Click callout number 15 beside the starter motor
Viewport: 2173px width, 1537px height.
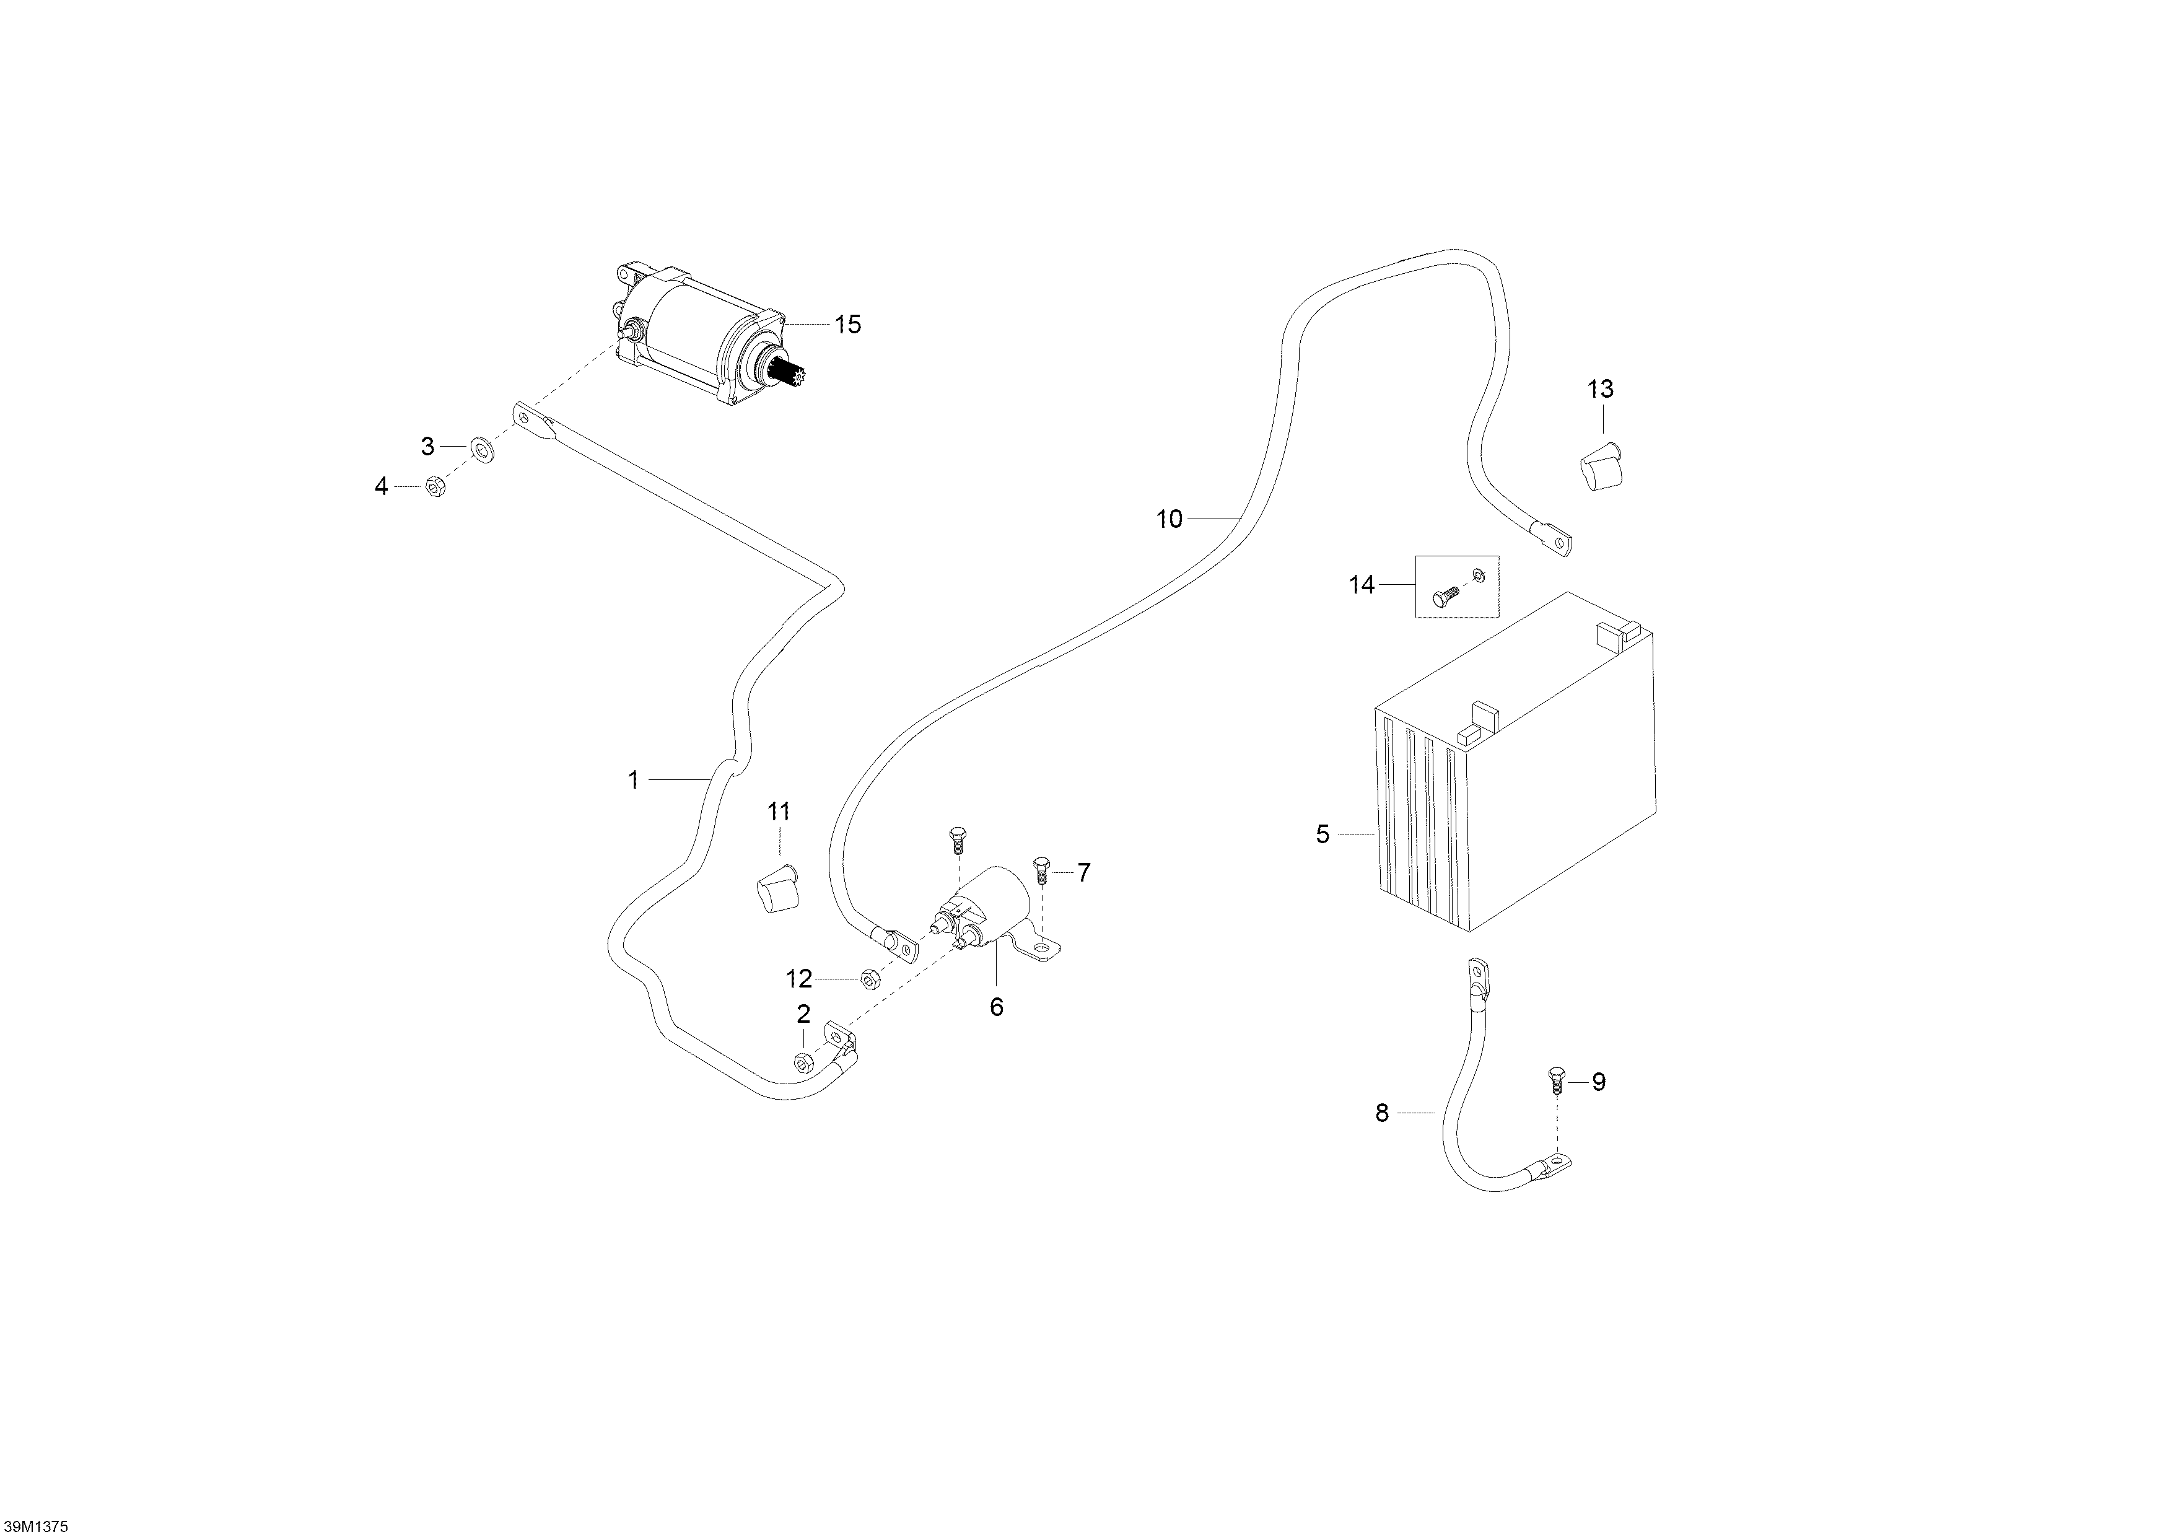[848, 325]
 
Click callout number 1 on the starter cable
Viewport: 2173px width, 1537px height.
[633, 780]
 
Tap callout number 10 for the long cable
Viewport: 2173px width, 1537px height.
[1170, 519]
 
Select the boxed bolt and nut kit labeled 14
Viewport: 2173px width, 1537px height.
[1456, 587]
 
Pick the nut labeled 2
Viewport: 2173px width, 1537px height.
[803, 1061]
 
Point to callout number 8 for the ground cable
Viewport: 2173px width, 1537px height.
[1382, 1114]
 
